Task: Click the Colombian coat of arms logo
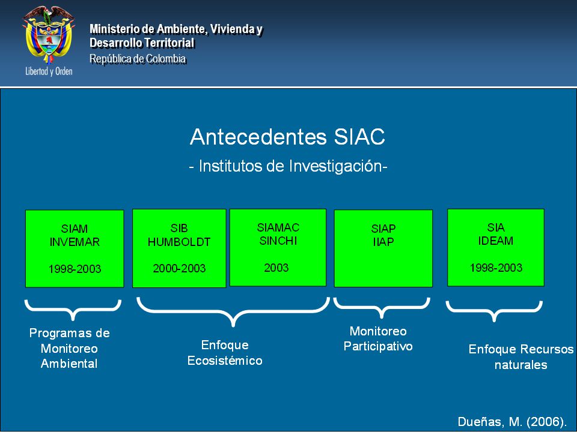[49, 35]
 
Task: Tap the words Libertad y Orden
[49, 71]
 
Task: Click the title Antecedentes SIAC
[287, 137]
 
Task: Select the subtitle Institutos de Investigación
[288, 166]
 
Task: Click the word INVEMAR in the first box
[75, 242]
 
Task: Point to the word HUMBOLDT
[179, 242]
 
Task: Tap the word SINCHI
[278, 241]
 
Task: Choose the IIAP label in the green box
[383, 242]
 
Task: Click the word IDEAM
[496, 241]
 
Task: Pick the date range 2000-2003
[179, 269]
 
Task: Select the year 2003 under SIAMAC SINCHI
[276, 268]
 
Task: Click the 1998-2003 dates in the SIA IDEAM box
[496, 268]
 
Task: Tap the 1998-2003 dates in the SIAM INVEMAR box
[75, 269]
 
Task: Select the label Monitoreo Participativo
[378, 338]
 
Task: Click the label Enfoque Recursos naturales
[521, 356]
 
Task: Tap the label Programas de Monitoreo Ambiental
[69, 348]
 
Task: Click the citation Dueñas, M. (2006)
[512, 422]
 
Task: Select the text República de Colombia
[138, 58]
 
